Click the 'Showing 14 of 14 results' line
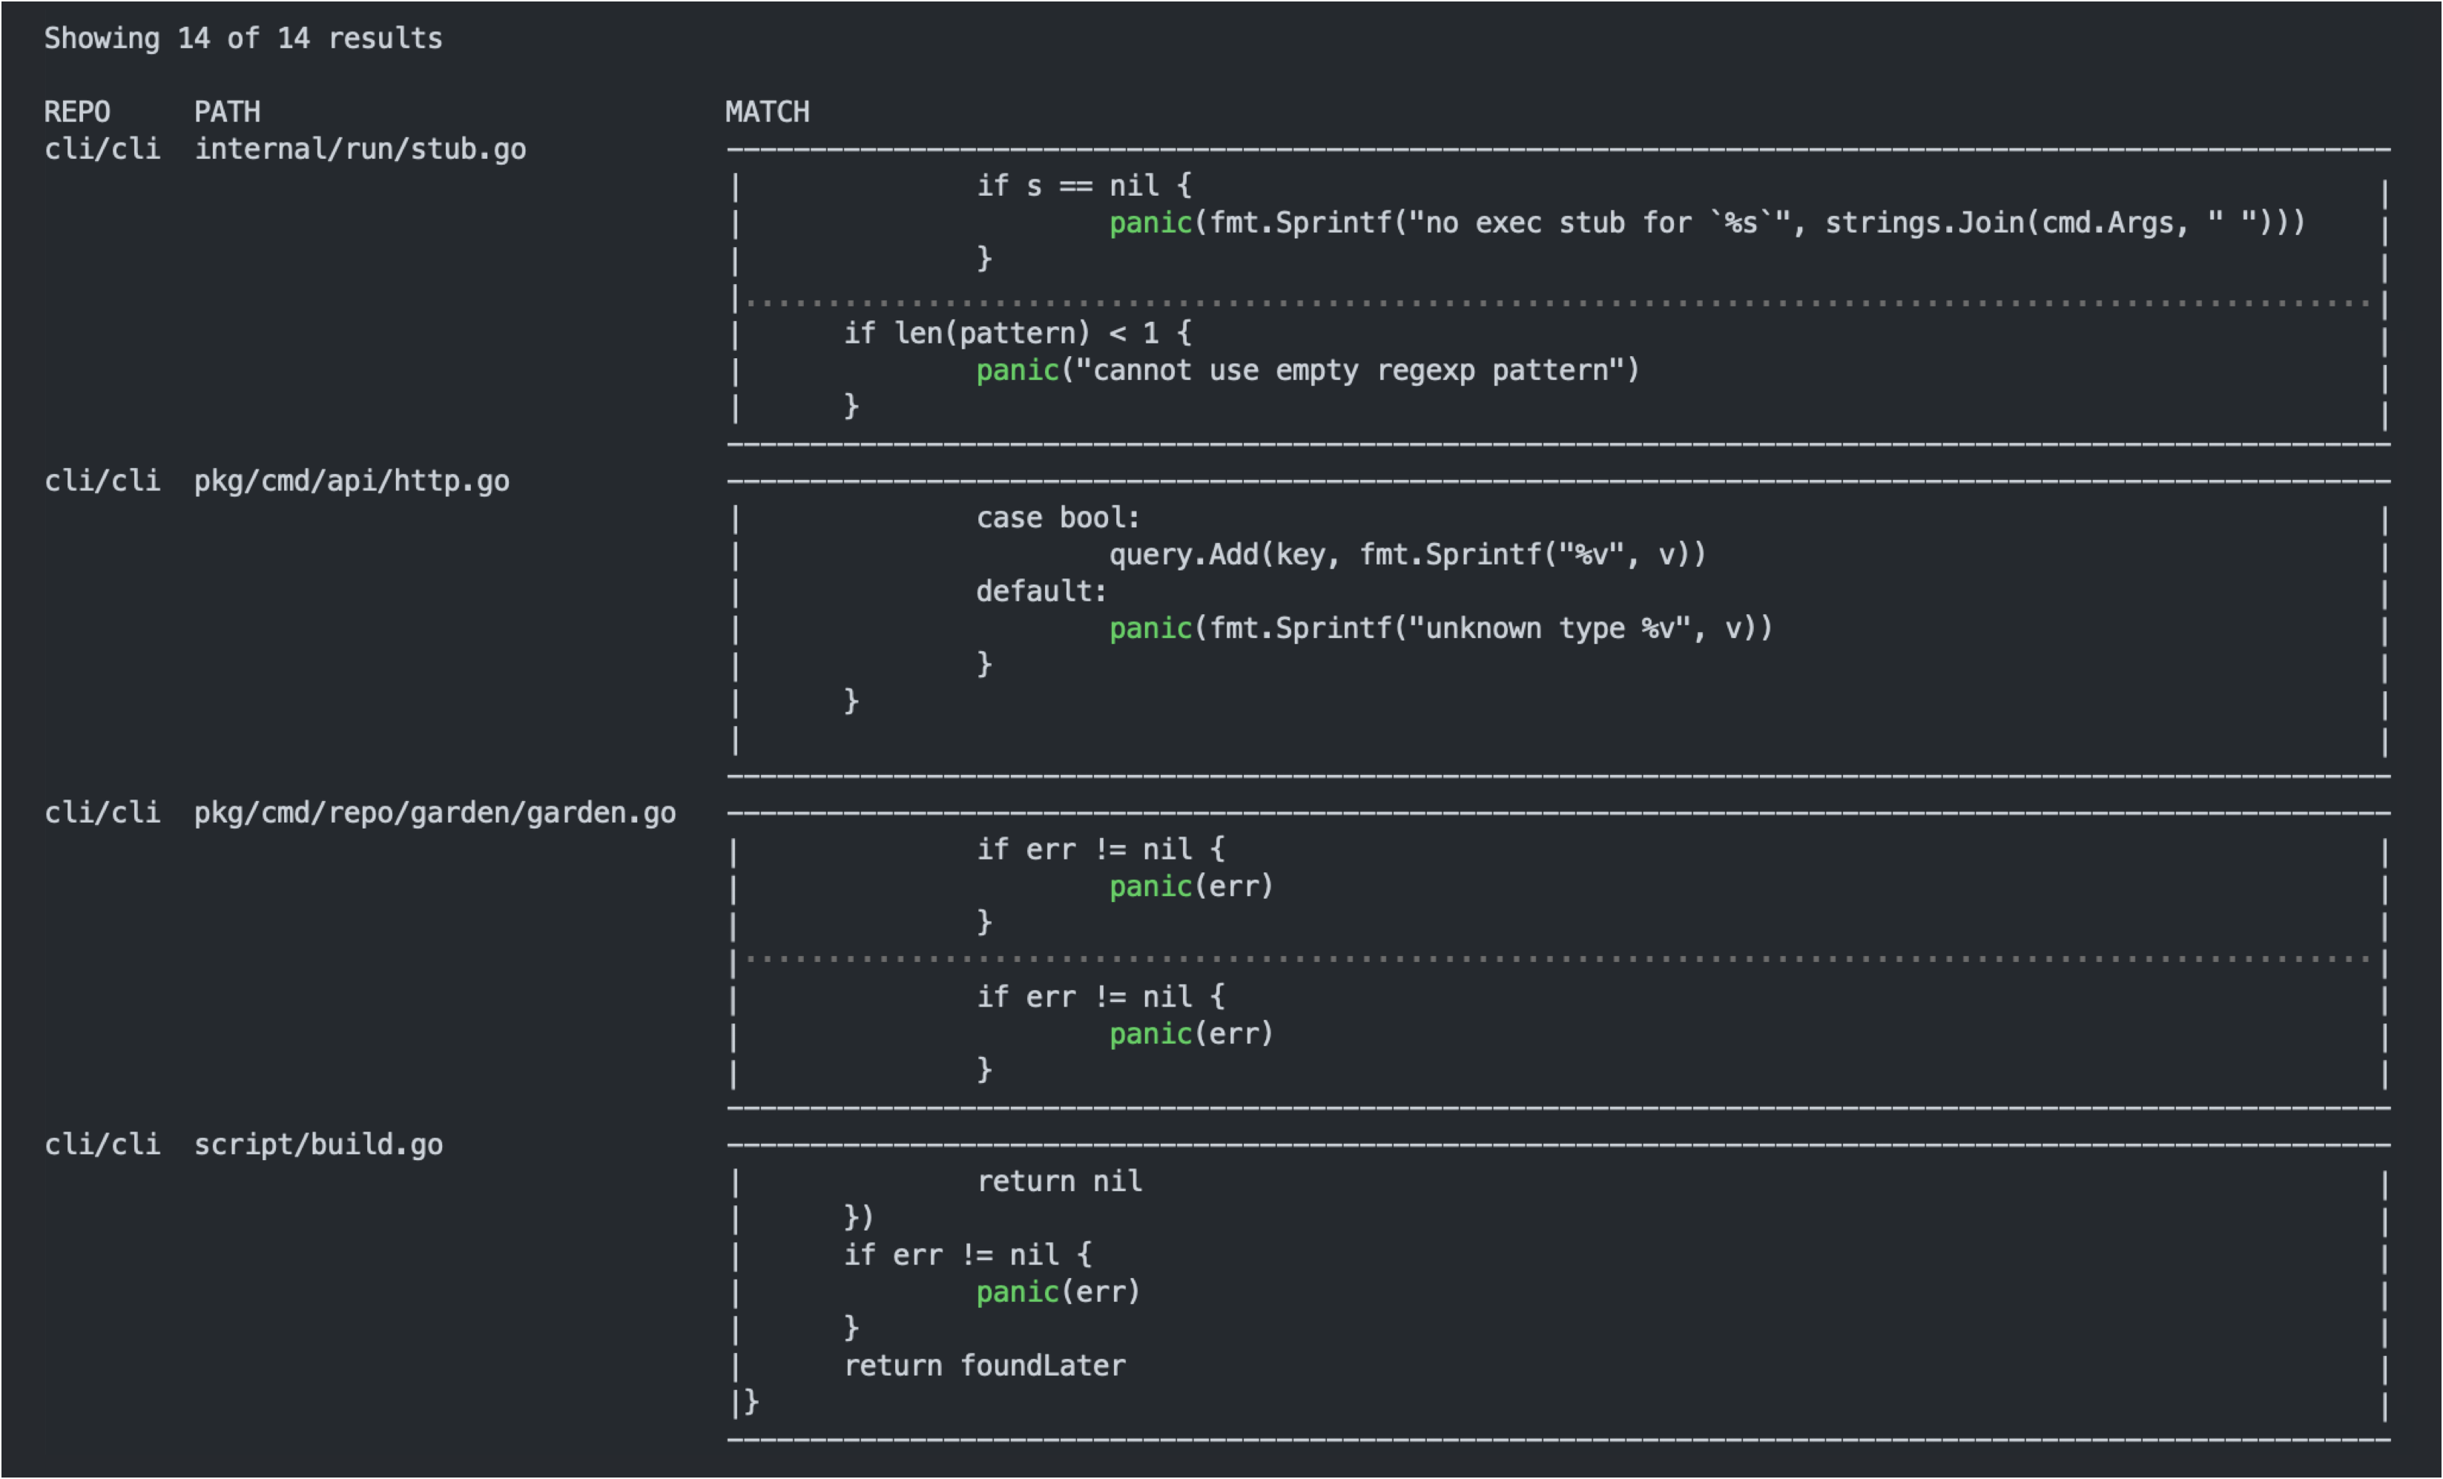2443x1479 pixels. [243, 39]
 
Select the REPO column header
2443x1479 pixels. [77, 112]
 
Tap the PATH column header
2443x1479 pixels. [227, 112]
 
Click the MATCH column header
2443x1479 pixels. [766, 112]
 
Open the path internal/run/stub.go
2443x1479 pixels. [360, 150]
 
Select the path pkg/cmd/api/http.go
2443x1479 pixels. [351, 482]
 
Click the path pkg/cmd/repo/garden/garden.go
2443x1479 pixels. [435, 813]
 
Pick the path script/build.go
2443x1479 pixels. [318, 1145]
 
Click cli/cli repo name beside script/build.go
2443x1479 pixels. [102, 1145]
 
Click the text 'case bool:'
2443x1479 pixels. [1058, 518]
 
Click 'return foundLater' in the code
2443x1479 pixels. [984, 1366]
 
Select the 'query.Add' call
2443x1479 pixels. [1183, 554]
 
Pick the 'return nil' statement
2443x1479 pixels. [1059, 1182]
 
